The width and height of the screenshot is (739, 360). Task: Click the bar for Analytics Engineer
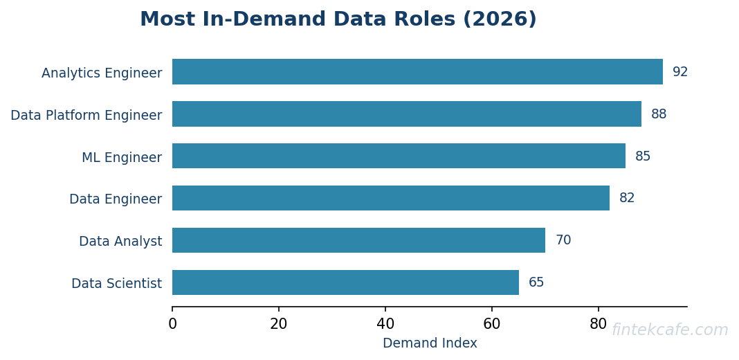pos(417,72)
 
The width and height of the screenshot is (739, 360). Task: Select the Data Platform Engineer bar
pos(407,114)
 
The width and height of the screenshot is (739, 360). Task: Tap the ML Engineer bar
pos(399,156)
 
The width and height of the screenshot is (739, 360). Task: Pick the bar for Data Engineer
pos(391,198)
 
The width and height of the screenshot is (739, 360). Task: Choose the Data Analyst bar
pos(358,240)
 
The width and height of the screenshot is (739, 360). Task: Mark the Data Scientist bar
pos(345,282)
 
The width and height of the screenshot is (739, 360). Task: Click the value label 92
pos(680,72)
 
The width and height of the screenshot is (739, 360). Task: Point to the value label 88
pos(659,114)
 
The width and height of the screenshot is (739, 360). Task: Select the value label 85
pos(643,156)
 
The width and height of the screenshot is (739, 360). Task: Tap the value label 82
pos(627,198)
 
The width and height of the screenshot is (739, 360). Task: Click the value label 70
pos(563,240)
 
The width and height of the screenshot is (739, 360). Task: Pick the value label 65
pos(536,282)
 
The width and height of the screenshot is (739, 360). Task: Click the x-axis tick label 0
pos(172,324)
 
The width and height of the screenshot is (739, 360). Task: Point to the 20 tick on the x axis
pos(279,324)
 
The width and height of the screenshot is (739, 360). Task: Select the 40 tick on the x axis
pos(385,324)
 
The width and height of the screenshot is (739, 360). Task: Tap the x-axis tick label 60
pos(492,324)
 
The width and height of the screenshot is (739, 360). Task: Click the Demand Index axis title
pos(430,343)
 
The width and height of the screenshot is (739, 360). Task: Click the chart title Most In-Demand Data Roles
pos(338,19)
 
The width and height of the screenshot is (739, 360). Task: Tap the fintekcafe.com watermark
pos(670,330)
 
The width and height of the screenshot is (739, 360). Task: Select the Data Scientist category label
pos(116,283)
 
